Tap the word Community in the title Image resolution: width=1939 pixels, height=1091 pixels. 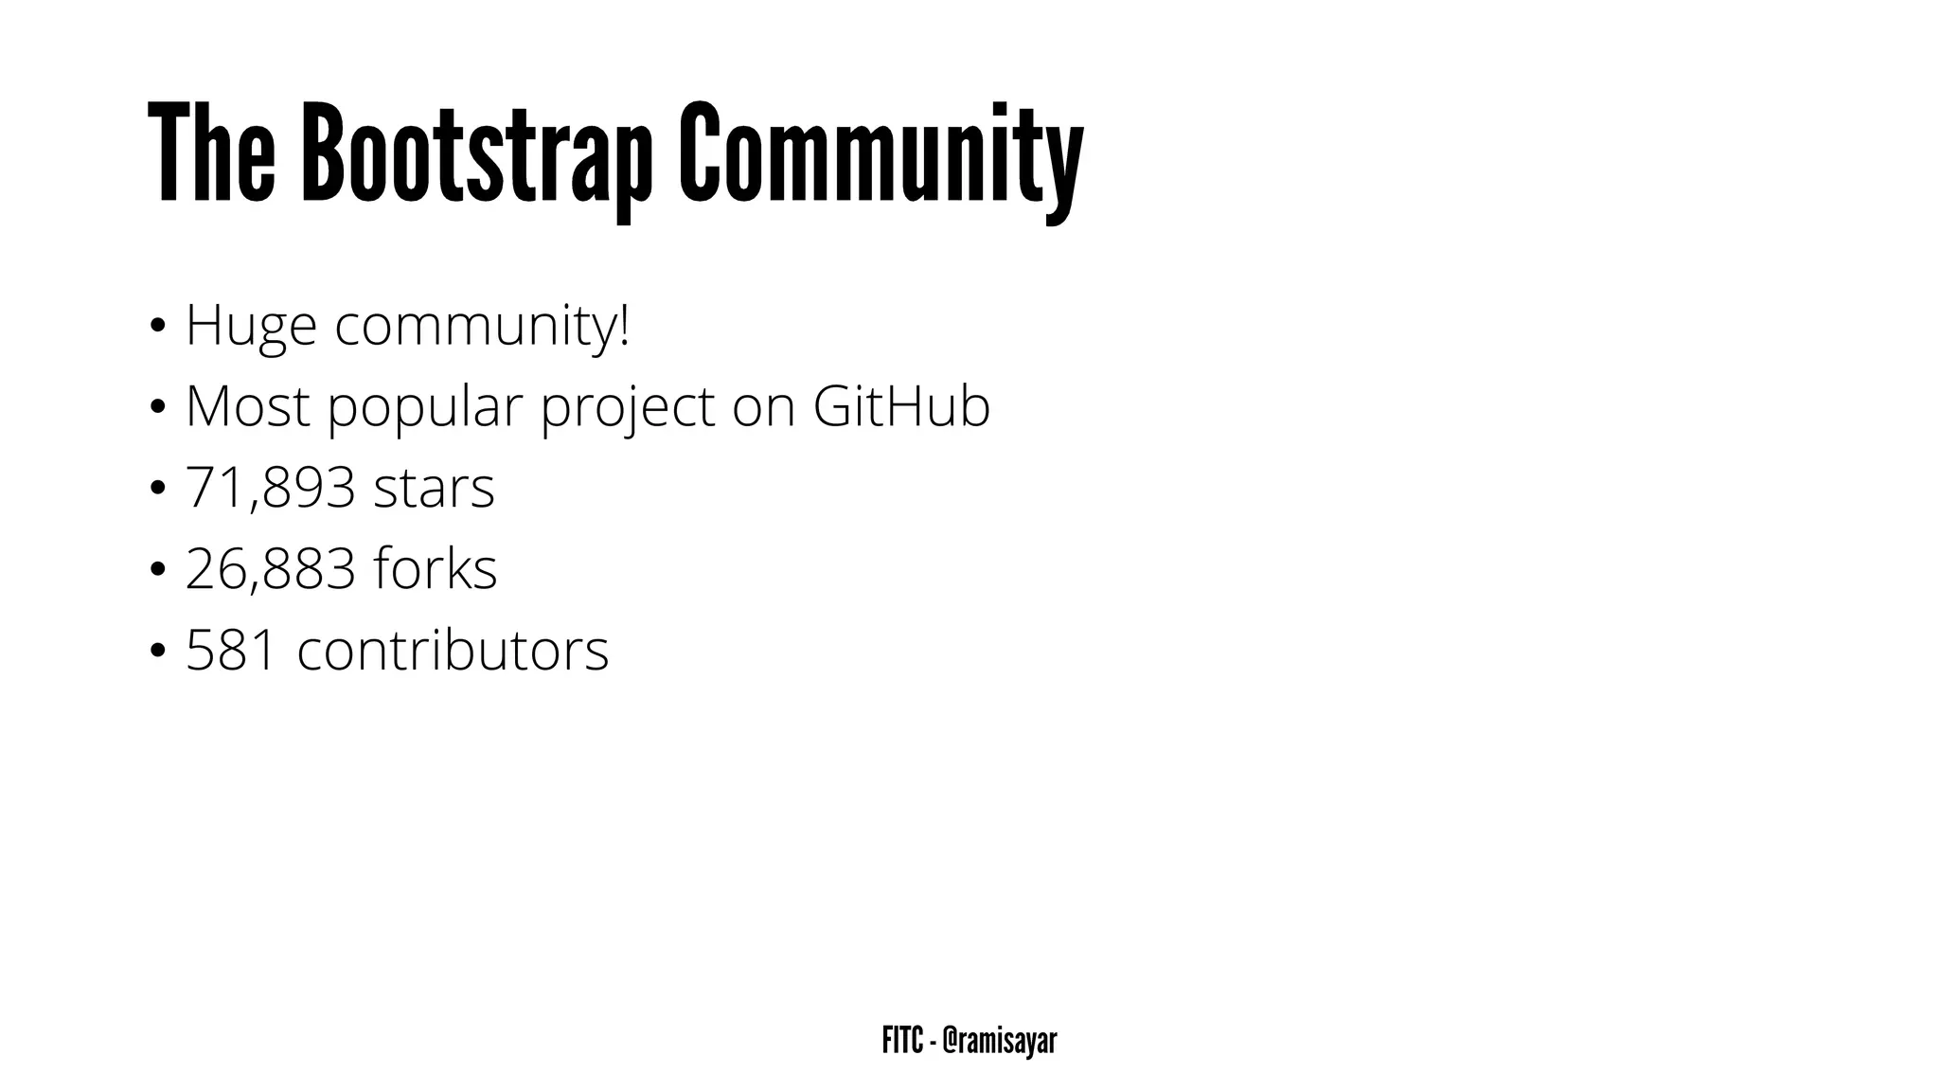coord(881,153)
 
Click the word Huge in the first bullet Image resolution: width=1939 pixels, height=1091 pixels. coord(251,326)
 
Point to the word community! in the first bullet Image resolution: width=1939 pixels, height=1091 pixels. coord(482,326)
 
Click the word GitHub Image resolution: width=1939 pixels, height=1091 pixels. coord(901,406)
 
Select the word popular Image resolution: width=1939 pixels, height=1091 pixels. coord(425,408)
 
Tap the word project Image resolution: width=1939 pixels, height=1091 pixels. coord(628,408)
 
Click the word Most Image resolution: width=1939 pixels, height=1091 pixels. coord(247,406)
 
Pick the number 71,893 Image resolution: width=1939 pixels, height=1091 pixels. coord(271,489)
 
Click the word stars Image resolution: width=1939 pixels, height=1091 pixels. coord(434,489)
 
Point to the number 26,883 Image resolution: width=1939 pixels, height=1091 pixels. coord(271,569)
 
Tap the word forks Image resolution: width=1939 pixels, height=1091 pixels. coord(436,569)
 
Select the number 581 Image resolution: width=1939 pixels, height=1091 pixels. coord(231,651)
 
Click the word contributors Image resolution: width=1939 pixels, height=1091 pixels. coord(453,651)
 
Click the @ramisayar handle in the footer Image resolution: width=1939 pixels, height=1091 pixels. coord(1000,1041)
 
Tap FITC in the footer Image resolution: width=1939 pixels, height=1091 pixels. coord(902,1041)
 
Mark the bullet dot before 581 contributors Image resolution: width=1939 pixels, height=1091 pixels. coord(157,653)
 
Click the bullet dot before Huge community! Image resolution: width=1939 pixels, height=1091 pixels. coord(157,328)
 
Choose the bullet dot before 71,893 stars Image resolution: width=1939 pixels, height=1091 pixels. coord(157,491)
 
